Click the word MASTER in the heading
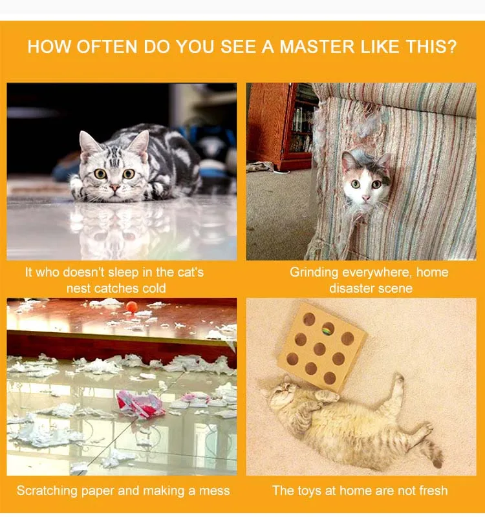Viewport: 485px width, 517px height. coord(317,47)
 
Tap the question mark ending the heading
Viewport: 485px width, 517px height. coord(452,47)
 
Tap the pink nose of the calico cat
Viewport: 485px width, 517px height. coord(366,198)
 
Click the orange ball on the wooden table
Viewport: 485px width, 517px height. coord(132,306)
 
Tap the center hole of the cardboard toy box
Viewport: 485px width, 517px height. coord(319,349)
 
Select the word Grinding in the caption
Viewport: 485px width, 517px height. coord(314,273)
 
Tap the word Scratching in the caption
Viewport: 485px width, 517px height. coord(47,491)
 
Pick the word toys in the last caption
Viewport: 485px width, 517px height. coord(310,491)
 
